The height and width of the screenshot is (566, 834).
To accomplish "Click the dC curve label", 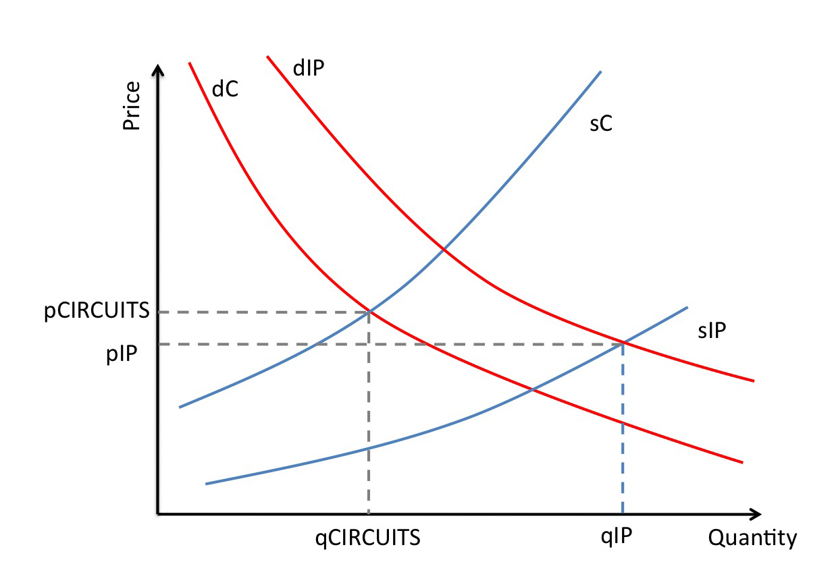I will pos(225,88).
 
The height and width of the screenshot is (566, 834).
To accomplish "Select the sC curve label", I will pos(600,124).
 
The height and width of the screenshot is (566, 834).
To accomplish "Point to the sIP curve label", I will pos(712,331).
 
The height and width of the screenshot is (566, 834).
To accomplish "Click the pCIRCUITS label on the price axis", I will pos(97,312).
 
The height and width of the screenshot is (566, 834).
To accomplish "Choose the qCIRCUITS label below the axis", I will pos(368,538).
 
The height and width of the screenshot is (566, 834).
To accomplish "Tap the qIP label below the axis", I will pos(617,537).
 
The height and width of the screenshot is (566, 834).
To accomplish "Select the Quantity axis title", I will pos(752,538).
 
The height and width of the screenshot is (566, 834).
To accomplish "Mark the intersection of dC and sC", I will pos(369,312).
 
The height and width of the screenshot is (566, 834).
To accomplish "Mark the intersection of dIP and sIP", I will pos(622,344).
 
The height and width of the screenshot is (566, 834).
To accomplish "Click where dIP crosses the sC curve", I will pos(444,250).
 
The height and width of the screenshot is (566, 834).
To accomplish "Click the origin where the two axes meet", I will pos(158,514).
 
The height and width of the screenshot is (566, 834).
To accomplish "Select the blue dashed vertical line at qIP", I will pos(622,432).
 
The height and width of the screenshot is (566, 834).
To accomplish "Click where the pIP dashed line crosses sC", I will pos(315,344).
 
